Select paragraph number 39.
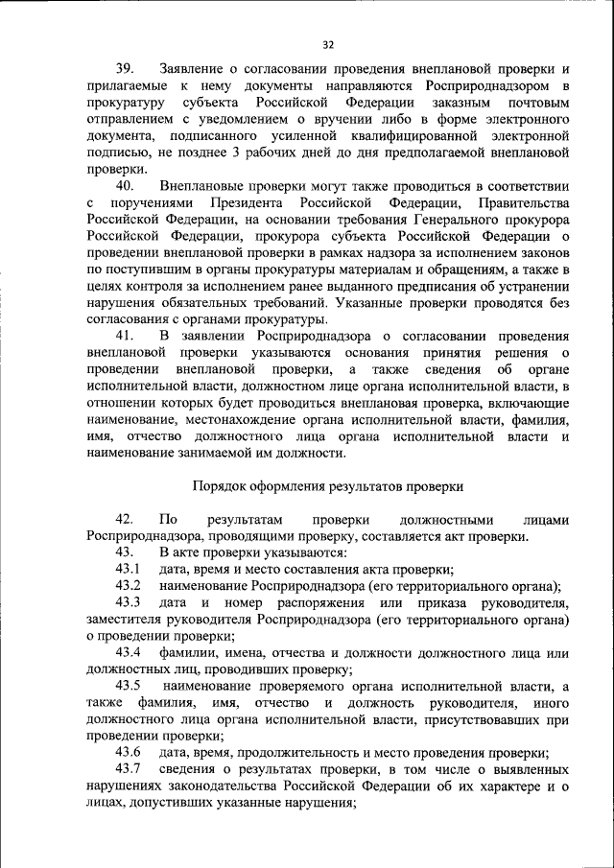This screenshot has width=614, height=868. pos(126,69)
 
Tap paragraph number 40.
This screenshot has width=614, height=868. pos(126,185)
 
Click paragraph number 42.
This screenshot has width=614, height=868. pos(126,519)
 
